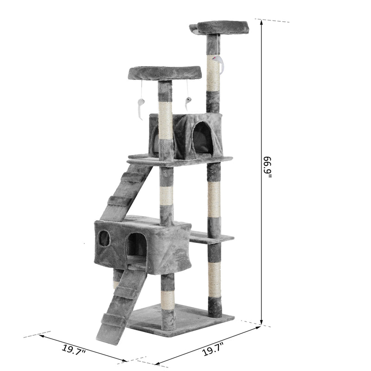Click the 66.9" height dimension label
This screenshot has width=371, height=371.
[269, 170]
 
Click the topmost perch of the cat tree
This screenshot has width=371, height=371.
[222, 26]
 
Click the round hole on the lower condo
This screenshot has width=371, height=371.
[104, 238]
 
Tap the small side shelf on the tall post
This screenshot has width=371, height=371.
[211, 238]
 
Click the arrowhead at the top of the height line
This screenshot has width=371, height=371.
[262, 25]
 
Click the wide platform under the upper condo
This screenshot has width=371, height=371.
[181, 160]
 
